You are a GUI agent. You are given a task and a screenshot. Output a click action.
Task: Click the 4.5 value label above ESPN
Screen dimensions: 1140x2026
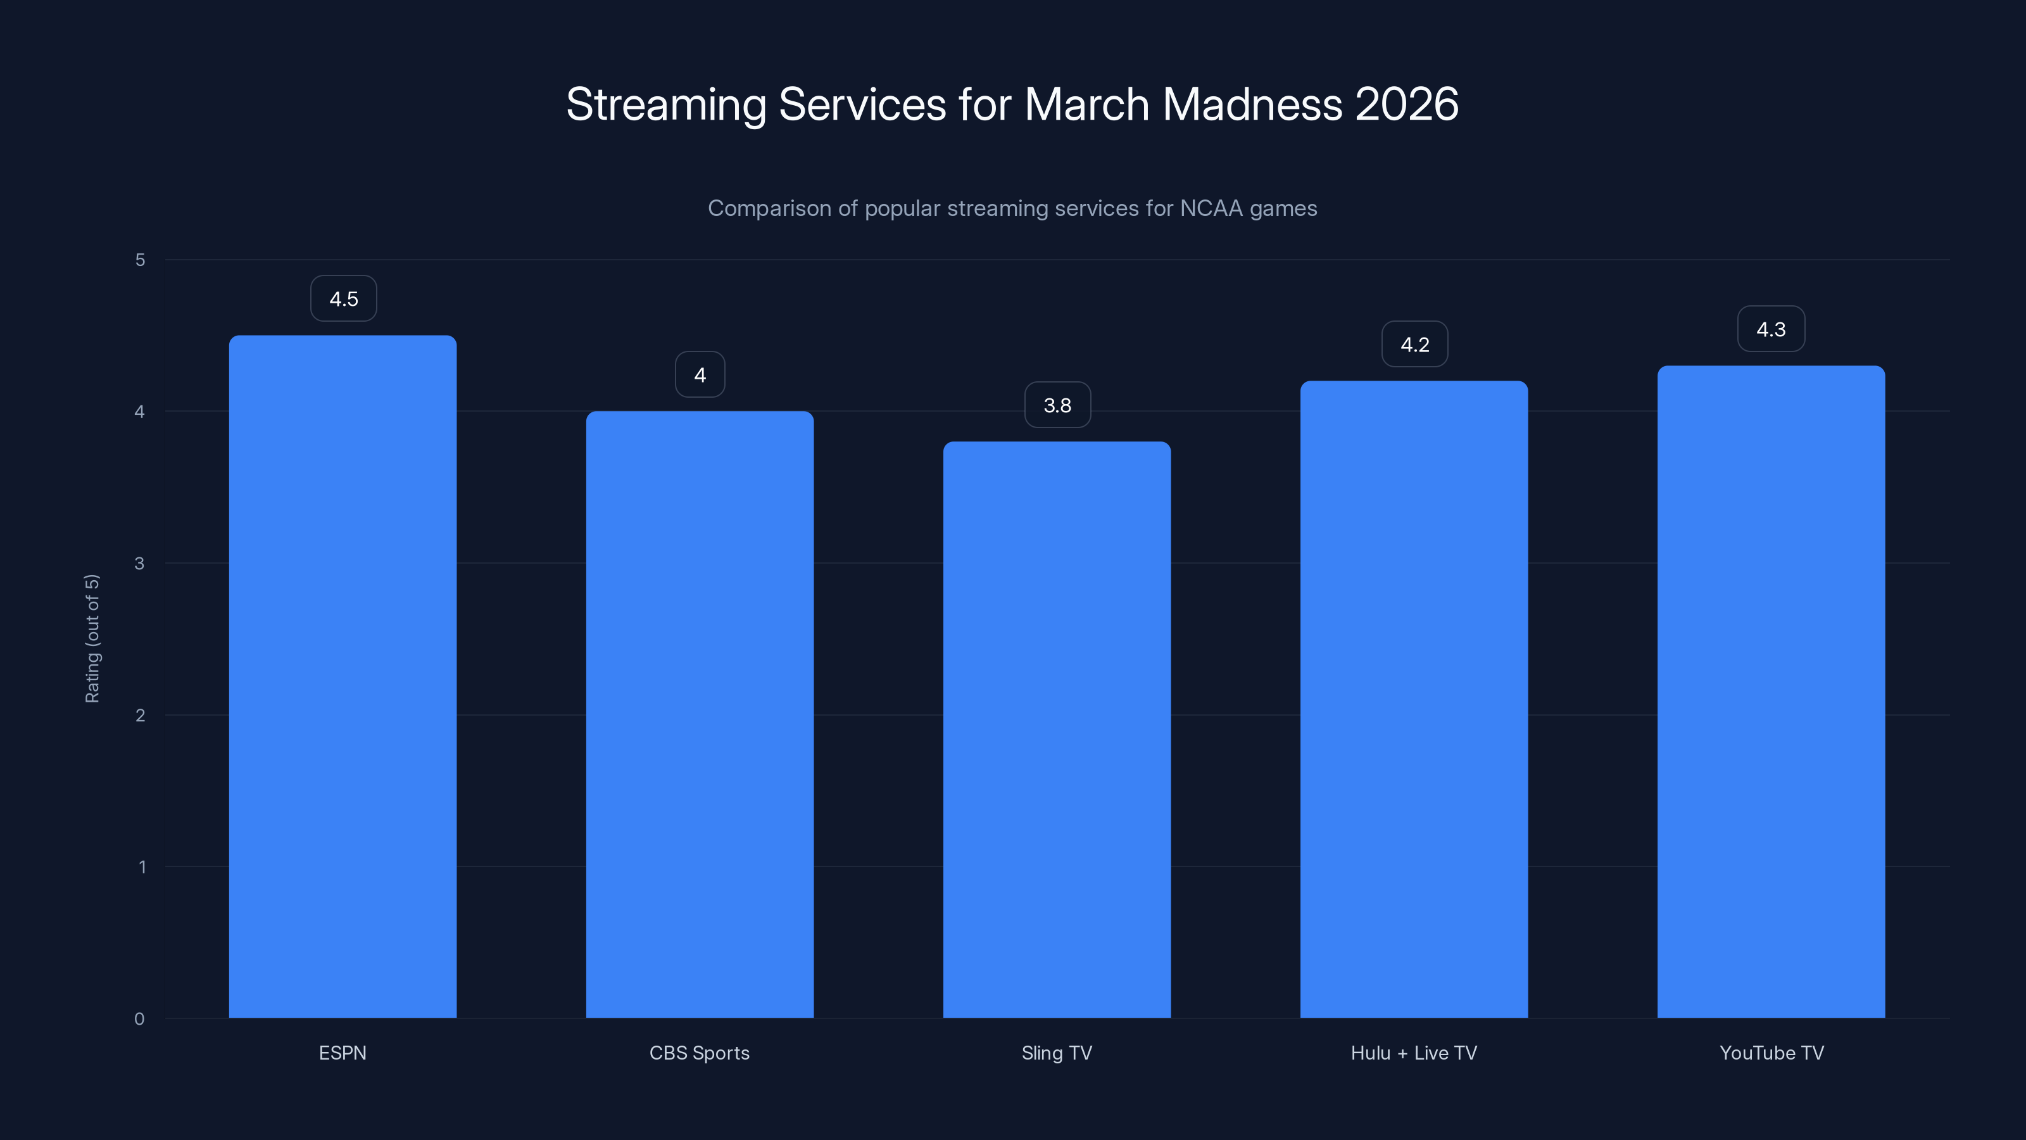tap(344, 299)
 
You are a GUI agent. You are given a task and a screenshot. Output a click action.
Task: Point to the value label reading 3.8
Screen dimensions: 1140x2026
tap(1057, 405)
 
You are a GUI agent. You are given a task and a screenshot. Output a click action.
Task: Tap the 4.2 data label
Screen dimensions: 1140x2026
tap(1414, 345)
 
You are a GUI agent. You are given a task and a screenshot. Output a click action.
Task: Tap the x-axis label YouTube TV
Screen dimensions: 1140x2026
tap(1771, 1053)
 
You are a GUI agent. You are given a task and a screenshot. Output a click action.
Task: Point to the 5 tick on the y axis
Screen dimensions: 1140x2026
tap(140, 260)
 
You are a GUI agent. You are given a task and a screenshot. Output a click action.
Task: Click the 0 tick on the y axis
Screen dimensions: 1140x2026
tap(139, 1019)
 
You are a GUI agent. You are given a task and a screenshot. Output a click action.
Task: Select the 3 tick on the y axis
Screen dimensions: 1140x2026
tap(139, 563)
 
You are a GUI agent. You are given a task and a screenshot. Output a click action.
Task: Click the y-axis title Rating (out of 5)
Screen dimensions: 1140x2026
tap(92, 638)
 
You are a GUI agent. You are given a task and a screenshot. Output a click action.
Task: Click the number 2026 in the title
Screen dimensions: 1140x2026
tap(1406, 104)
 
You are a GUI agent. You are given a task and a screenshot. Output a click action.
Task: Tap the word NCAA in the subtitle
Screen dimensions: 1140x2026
tap(1212, 208)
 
